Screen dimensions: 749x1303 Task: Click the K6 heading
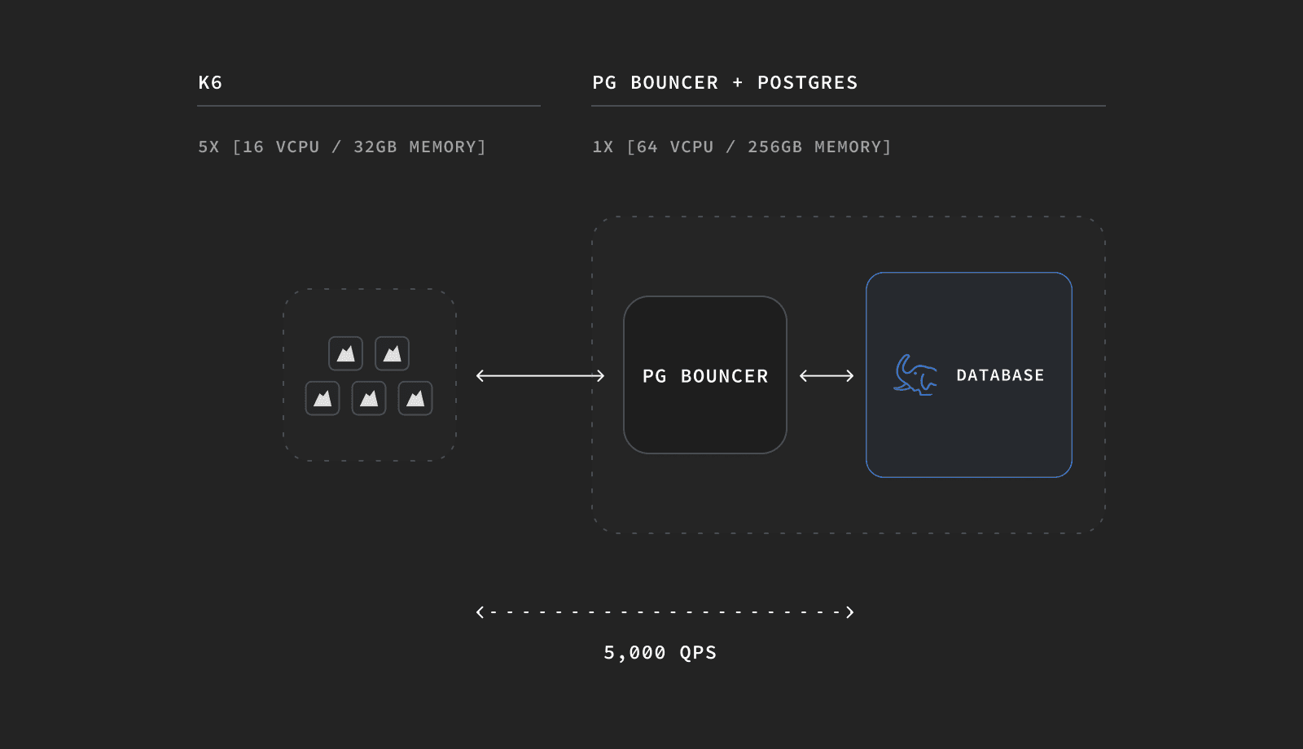(210, 83)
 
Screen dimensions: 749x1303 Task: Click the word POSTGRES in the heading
(807, 83)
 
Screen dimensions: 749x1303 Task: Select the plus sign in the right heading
(738, 83)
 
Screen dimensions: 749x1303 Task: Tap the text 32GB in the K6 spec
(375, 147)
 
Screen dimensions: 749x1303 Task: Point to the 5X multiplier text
(208, 147)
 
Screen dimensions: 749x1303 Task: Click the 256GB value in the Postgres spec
(774, 147)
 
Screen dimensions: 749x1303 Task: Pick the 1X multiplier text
(603, 147)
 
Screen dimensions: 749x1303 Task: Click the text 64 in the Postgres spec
(647, 147)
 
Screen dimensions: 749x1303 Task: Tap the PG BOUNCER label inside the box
(705, 376)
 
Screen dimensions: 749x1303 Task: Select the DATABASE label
(1000, 375)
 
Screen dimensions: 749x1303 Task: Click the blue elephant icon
(915, 374)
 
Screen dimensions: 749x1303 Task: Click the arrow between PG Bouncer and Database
(827, 375)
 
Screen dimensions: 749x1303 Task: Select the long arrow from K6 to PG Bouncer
(540, 375)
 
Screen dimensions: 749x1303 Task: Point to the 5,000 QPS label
(660, 653)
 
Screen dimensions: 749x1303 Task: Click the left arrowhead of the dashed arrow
(480, 612)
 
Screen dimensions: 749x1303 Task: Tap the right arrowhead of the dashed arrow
(849, 612)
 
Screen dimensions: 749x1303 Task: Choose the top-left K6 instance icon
(345, 353)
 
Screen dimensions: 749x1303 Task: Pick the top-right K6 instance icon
(392, 353)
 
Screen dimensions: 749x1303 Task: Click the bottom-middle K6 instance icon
(369, 398)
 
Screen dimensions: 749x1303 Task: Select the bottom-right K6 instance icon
(415, 398)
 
